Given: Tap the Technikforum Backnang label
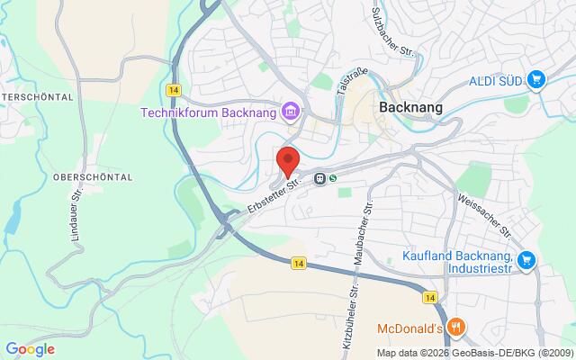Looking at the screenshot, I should point(209,112).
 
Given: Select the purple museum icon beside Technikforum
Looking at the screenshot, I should point(290,112).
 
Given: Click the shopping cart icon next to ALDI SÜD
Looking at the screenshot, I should point(537,80).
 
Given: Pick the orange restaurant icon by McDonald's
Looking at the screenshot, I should point(456,327).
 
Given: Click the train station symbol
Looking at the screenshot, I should point(319,178).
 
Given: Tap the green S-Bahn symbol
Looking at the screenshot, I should point(333,178).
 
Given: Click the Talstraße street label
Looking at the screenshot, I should point(345,77).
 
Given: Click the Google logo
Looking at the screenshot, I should point(30,348).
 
